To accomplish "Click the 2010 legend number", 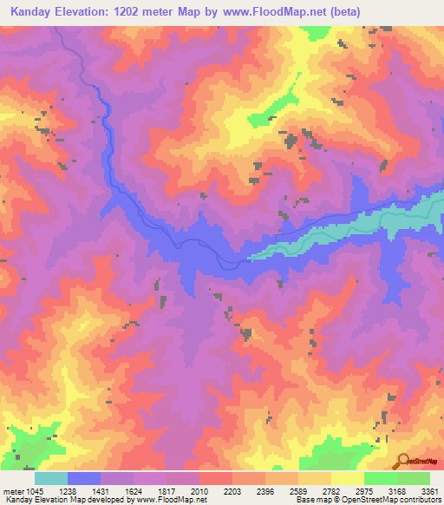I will click(199, 491).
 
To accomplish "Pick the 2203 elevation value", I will click(232, 491).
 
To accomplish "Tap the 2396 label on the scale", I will click(264, 491).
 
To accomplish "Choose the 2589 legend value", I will click(297, 491).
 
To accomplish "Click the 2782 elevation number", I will click(330, 491).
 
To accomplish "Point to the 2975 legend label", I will click(363, 491).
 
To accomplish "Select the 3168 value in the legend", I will click(396, 491).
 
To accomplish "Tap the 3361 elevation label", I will click(428, 491).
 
